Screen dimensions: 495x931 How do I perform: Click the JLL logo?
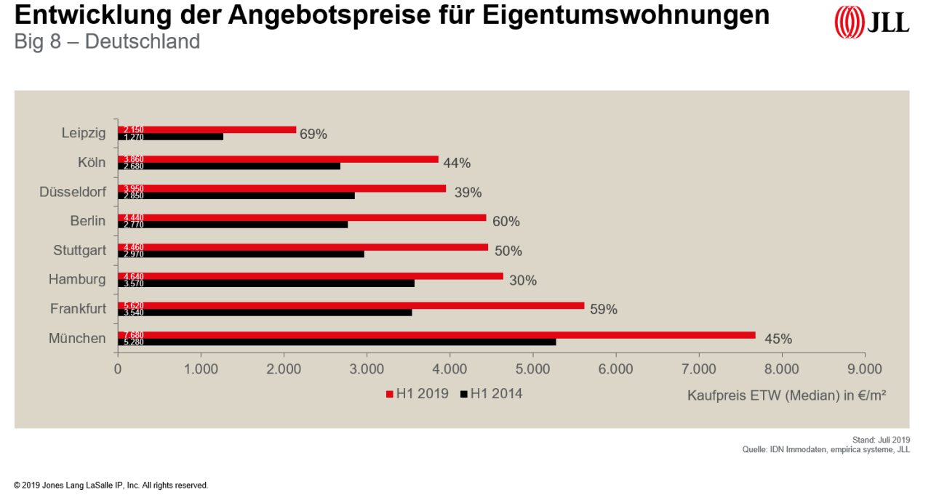tap(871, 22)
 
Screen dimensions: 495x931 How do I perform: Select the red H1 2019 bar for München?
tap(436, 335)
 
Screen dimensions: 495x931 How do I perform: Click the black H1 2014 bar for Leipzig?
tap(170, 137)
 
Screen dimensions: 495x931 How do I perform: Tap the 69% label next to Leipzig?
tap(313, 134)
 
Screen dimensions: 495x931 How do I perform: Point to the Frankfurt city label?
tap(78, 309)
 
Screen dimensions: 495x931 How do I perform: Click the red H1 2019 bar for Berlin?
tap(302, 217)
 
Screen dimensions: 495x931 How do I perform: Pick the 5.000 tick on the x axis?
tap(532, 369)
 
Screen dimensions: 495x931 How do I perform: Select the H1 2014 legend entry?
tap(491, 394)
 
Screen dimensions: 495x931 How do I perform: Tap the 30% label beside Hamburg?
tap(523, 281)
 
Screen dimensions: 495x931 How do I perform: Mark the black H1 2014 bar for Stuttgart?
tap(241, 254)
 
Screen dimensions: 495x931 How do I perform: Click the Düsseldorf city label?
tap(73, 192)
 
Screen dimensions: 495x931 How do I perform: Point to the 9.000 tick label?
tap(864, 369)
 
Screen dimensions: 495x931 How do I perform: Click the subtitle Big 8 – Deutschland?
tap(107, 41)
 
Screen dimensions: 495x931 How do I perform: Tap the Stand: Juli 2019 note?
tap(881, 440)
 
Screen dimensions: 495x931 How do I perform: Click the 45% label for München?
tap(778, 339)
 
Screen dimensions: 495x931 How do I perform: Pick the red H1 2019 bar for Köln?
tap(278, 159)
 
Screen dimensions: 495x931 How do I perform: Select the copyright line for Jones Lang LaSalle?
tap(111, 485)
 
